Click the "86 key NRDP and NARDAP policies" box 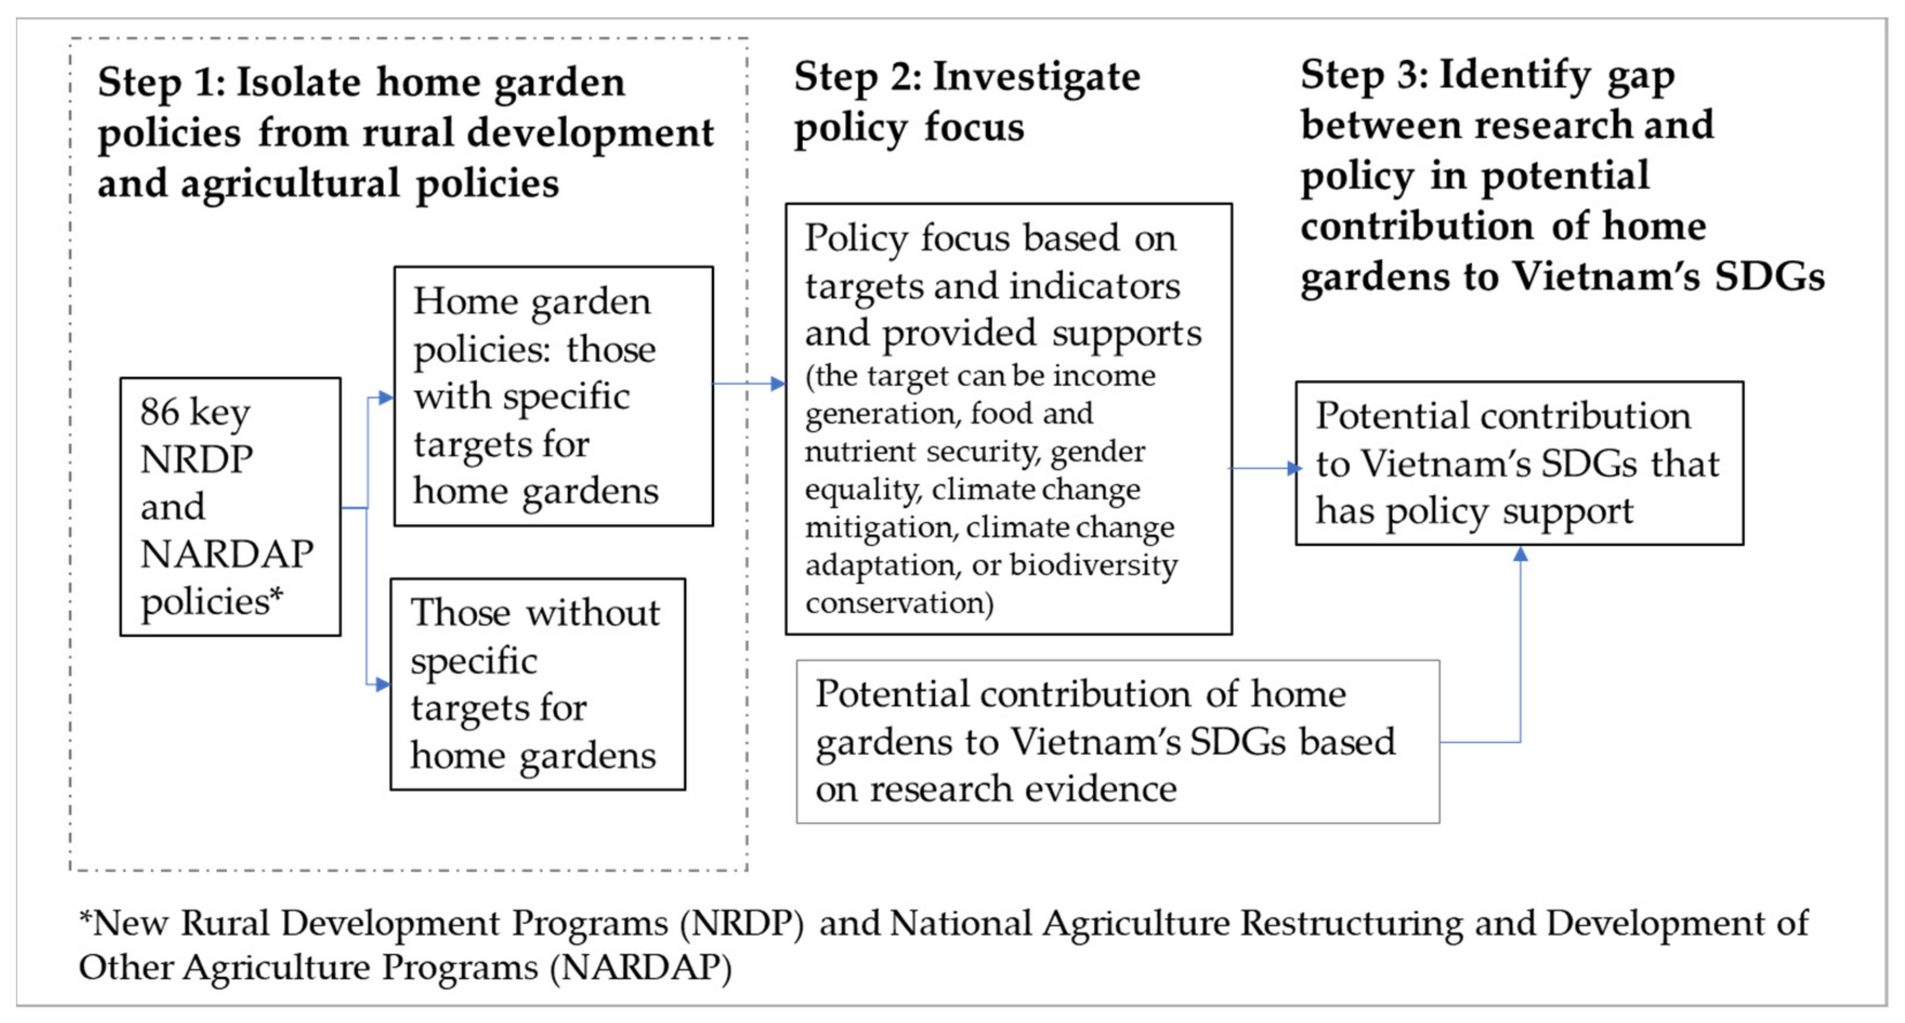(x=230, y=507)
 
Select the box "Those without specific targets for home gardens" (x=538, y=684)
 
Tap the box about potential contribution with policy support (x=1519, y=464)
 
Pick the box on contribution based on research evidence (x=1117, y=741)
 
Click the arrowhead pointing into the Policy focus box (x=778, y=383)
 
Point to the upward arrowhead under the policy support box (x=1520, y=554)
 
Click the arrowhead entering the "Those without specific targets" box (x=383, y=684)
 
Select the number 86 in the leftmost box (x=160, y=411)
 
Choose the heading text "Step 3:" (x=1364, y=75)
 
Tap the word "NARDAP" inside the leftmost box (x=226, y=554)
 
